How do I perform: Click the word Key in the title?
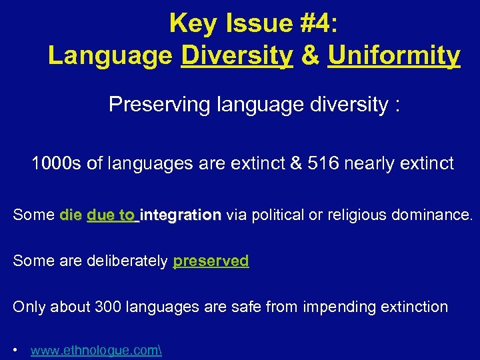[193, 23]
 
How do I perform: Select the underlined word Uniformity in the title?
[394, 55]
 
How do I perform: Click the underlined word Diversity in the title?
[237, 55]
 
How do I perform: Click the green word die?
[71, 215]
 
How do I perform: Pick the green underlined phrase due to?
[111, 215]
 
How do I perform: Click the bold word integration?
[181, 215]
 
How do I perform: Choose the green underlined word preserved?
[211, 261]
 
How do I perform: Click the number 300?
[109, 307]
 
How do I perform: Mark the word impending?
[338, 307]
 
